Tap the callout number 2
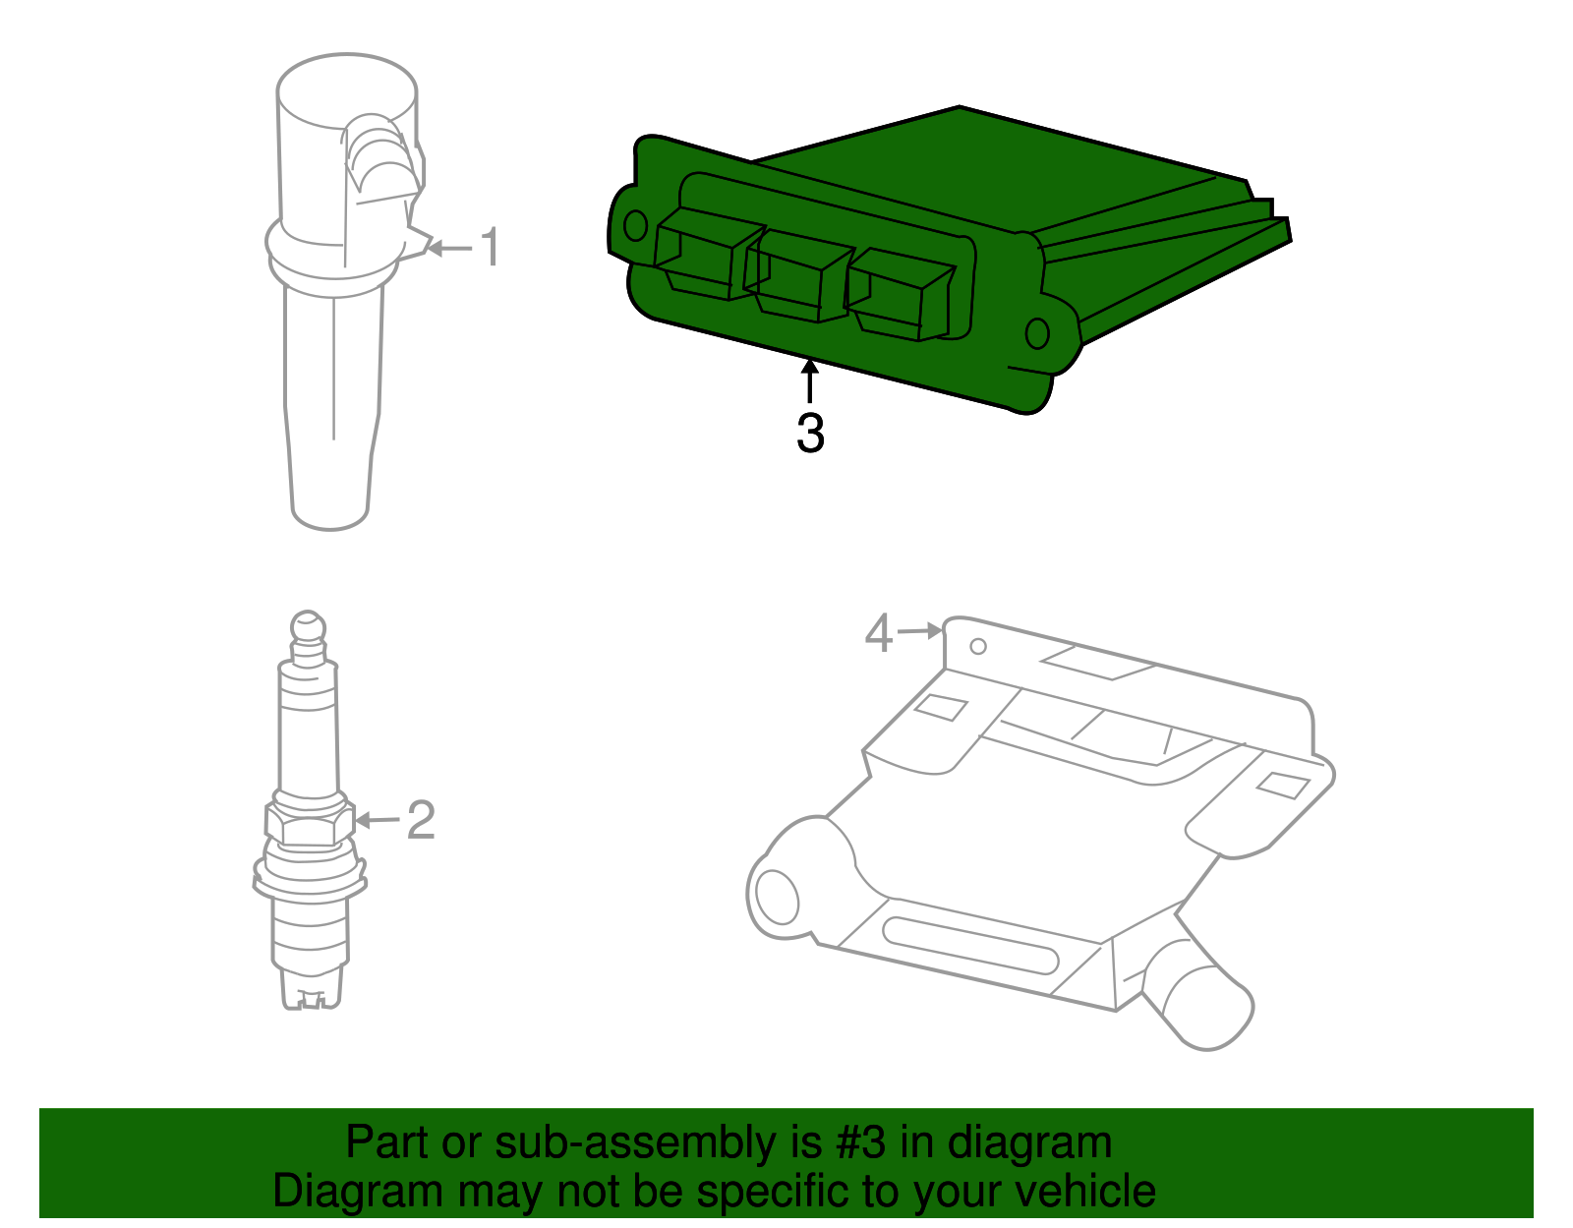421,820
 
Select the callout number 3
810,433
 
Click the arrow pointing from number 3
810,381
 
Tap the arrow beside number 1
449,248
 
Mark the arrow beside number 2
378,820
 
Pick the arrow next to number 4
919,631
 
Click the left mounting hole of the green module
635,226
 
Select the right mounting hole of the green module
1037,333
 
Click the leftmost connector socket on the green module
709,254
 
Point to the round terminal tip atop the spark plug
308,626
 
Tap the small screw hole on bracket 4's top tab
978,646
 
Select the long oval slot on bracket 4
970,945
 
